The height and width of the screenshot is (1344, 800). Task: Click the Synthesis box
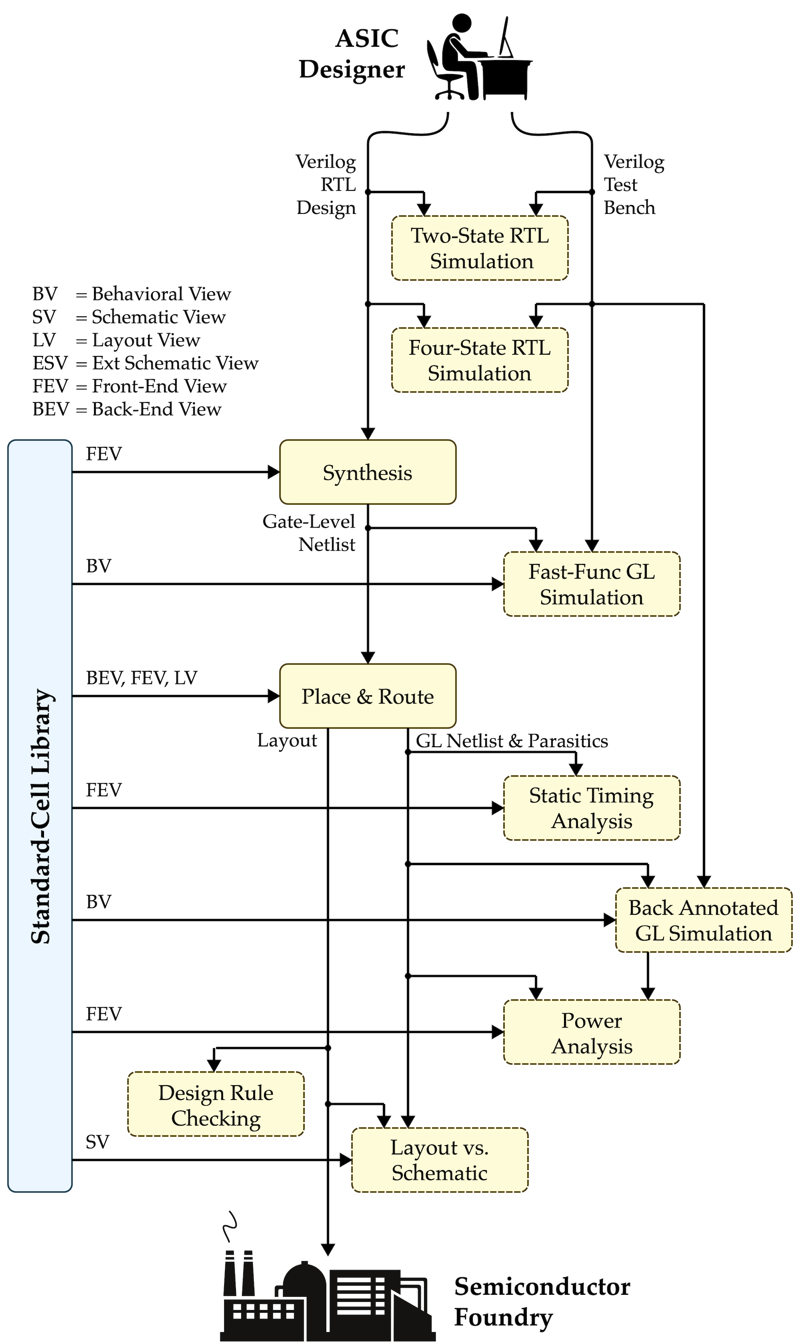tap(368, 472)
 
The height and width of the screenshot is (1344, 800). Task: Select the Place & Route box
tap(368, 696)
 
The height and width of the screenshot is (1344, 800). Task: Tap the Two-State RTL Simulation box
tap(480, 248)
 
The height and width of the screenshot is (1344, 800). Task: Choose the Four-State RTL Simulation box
tap(480, 360)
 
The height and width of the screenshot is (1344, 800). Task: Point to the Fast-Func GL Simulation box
tap(591, 584)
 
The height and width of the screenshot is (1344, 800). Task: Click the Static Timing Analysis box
tap(591, 808)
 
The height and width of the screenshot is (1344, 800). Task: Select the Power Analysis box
tap(591, 1032)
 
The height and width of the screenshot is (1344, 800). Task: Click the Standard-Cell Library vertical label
tap(41, 816)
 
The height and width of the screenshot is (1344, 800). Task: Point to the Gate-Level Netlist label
tap(309, 533)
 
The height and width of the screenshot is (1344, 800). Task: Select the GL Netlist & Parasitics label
tap(512, 741)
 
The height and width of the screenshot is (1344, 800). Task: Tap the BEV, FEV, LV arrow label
tap(142, 678)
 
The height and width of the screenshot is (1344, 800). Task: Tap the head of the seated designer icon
tap(462, 23)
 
